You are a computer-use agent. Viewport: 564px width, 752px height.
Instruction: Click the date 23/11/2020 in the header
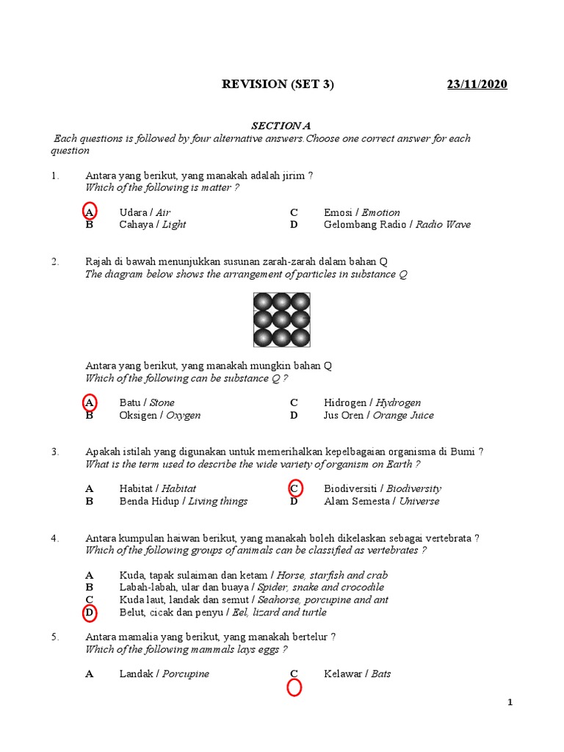coord(477,84)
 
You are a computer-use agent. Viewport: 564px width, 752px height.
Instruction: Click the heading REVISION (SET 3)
coord(278,84)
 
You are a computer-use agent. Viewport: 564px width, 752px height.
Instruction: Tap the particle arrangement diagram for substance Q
coord(282,319)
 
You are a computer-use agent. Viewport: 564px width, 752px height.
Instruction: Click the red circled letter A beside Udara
coord(89,211)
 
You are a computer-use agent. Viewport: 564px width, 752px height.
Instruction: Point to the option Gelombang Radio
coord(367,225)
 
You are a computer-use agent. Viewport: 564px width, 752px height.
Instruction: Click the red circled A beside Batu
coord(89,402)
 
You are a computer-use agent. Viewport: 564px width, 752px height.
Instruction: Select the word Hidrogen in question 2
coord(347,402)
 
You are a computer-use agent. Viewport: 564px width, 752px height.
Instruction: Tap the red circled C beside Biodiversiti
coord(294,488)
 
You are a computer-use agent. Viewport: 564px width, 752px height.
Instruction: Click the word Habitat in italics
coord(178,488)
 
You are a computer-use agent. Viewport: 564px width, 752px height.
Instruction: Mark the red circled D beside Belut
coord(89,612)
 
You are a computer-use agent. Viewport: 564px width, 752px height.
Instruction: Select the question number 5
coord(54,637)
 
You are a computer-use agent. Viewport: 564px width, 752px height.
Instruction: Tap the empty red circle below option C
coord(294,688)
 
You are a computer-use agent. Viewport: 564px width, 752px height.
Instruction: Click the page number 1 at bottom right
coord(510,703)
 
